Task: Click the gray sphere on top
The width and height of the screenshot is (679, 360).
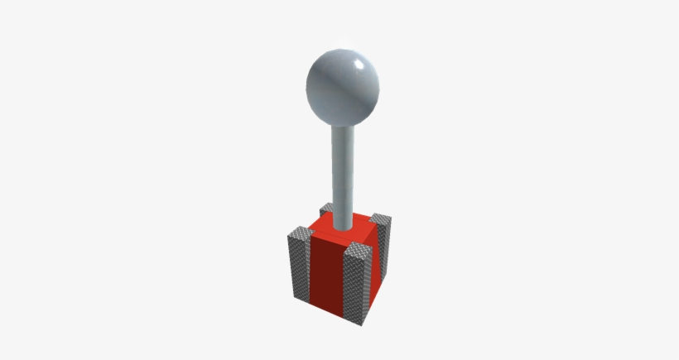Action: click(343, 85)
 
